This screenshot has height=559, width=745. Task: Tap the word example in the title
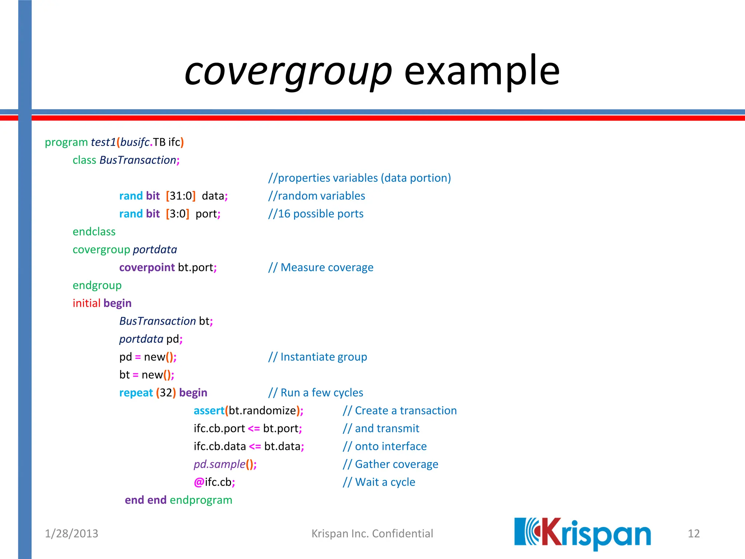(482, 71)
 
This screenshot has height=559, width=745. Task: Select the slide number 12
(693, 534)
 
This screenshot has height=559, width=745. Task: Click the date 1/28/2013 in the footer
(71, 534)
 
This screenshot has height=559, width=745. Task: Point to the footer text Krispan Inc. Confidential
(372, 534)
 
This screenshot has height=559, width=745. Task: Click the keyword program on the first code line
(66, 142)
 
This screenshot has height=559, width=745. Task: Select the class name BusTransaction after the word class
(138, 160)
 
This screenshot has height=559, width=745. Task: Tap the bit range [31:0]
(181, 196)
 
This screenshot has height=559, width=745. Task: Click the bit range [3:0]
(178, 214)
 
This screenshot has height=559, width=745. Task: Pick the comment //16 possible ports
(316, 214)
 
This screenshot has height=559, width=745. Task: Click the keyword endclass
(94, 231)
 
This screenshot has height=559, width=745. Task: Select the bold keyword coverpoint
(147, 267)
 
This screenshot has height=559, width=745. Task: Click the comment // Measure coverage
(321, 267)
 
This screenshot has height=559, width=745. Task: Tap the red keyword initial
(86, 303)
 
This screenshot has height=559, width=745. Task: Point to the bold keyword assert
(209, 411)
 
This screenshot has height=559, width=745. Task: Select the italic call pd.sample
(219, 464)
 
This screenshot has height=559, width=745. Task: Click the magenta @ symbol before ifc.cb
(199, 482)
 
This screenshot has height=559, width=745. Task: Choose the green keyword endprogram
(201, 500)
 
